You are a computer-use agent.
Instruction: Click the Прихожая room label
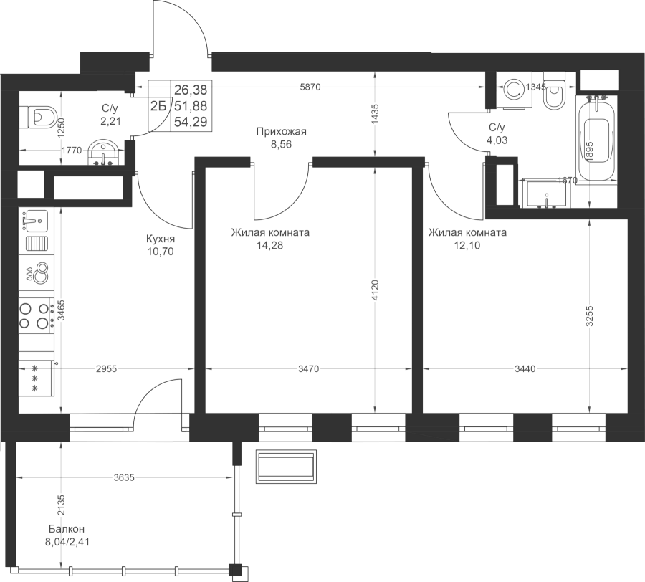(282, 132)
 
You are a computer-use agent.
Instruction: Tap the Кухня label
(161, 239)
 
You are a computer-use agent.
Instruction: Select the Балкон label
(67, 528)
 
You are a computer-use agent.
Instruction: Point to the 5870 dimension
(310, 87)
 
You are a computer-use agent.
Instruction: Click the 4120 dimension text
(374, 290)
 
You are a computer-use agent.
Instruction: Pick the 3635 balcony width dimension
(124, 477)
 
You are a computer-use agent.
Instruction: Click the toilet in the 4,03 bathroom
(554, 91)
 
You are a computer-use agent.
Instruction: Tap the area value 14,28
(270, 246)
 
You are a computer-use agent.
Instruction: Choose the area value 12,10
(467, 246)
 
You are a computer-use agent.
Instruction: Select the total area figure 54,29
(191, 122)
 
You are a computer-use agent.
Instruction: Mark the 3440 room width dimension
(525, 369)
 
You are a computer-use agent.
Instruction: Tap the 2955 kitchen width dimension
(106, 369)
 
